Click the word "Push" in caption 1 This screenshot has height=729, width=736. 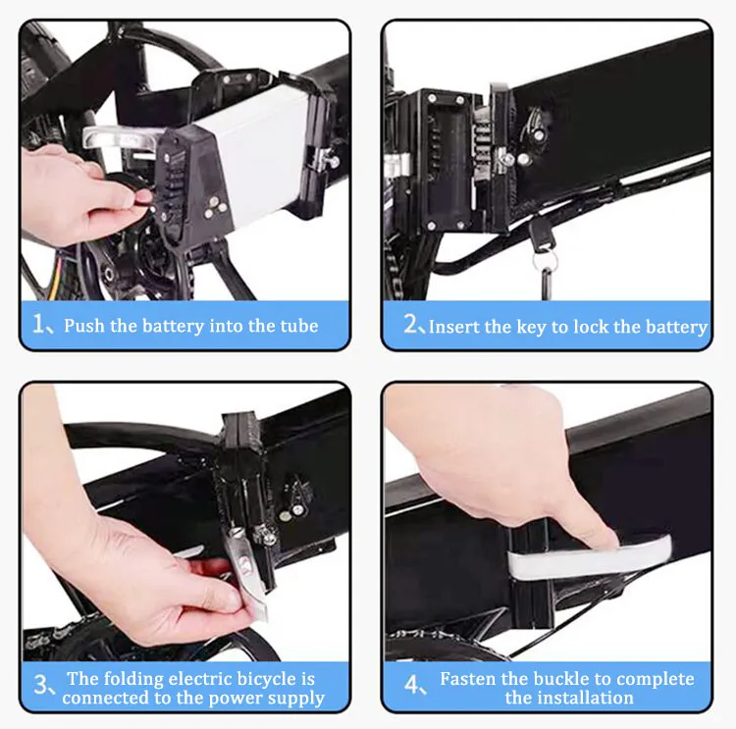pyautogui.click(x=84, y=326)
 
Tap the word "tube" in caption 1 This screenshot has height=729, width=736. pyautogui.click(x=296, y=326)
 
